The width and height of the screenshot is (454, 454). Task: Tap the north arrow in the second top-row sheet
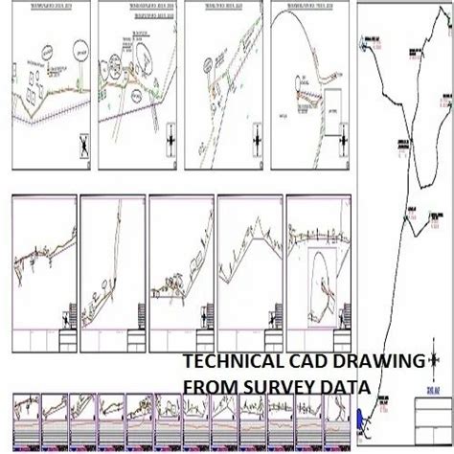[x=170, y=138]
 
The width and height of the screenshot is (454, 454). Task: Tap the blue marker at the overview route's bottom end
[x=361, y=420]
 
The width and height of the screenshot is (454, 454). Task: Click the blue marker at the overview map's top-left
[x=365, y=40]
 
